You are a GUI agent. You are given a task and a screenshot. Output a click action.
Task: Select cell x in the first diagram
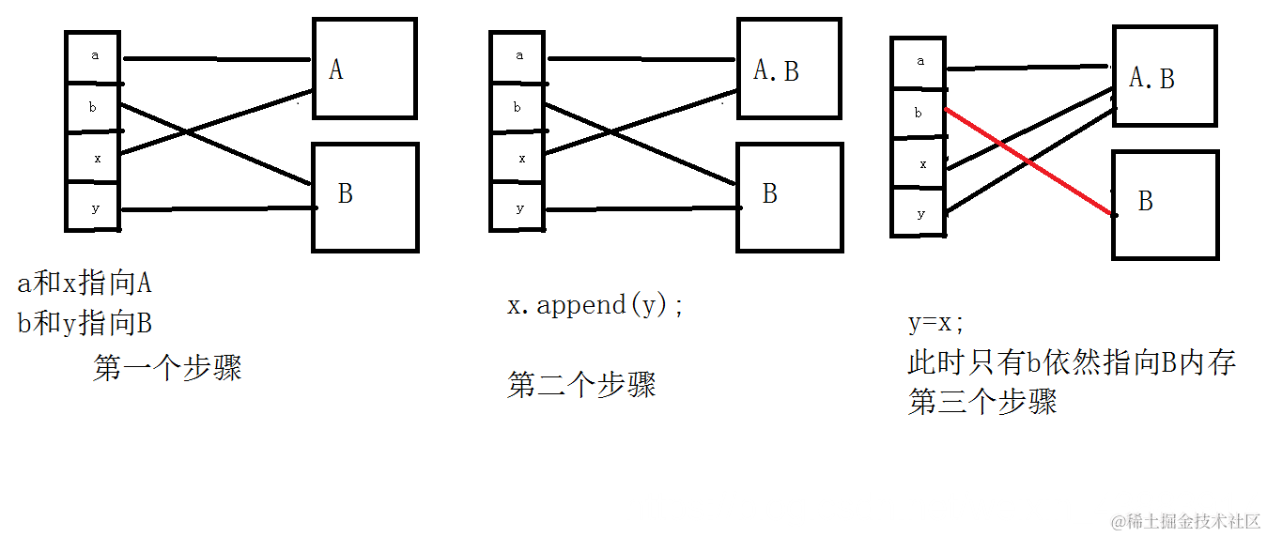94,158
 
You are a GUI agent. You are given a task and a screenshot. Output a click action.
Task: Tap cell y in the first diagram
94,208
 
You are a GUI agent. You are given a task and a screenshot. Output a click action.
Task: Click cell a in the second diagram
518,55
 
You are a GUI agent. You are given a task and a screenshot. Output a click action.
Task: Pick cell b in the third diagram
919,114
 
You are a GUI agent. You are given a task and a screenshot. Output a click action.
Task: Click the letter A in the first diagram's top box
335,69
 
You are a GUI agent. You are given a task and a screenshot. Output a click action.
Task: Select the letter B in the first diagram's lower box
345,193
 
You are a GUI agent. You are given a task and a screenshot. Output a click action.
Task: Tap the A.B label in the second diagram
776,70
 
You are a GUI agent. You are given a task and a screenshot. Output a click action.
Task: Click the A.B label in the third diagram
1151,79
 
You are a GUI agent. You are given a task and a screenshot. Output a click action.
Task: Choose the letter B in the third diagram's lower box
1145,201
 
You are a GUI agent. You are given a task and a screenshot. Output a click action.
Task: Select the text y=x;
936,323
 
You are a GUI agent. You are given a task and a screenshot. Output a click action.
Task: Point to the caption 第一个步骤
168,367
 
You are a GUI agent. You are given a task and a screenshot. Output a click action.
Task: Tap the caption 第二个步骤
581,385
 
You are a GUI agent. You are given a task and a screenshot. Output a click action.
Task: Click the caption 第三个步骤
982,402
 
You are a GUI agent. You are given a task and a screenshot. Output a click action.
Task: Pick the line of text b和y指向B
85,324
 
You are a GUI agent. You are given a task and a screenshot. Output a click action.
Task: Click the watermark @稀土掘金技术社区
1185,520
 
